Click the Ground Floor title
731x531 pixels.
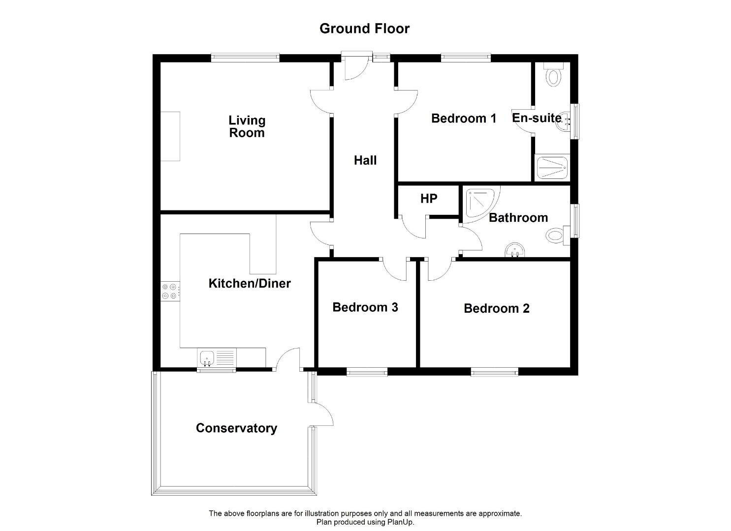[x=365, y=29]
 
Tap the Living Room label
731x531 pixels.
[x=247, y=126]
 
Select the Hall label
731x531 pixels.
[x=365, y=160]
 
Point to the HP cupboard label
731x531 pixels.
[x=429, y=199]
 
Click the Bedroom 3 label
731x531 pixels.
[x=365, y=307]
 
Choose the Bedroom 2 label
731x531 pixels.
[x=496, y=308]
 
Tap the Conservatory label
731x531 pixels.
[x=236, y=428]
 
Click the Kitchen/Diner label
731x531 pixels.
[x=249, y=283]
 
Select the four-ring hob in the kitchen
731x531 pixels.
[x=170, y=291]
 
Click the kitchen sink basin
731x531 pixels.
[x=207, y=357]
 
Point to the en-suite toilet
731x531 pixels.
[x=553, y=74]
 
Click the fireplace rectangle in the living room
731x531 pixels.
[x=170, y=136]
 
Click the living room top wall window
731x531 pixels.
[x=245, y=58]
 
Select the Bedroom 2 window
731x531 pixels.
[x=494, y=372]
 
